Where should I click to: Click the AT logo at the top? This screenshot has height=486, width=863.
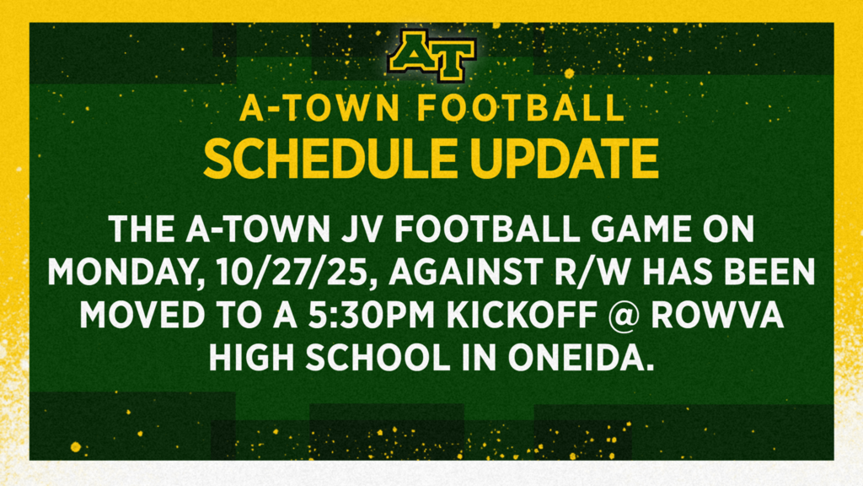coord(432,56)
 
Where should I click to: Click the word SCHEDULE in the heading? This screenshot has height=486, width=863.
coord(330,159)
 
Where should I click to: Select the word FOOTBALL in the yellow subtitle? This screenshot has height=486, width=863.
coord(521,108)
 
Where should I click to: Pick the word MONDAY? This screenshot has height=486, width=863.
coord(125,273)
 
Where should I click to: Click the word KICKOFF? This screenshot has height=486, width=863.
coord(521,316)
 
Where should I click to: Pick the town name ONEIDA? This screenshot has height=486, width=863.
coord(581,358)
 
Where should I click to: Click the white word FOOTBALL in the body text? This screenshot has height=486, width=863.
coord(486,229)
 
